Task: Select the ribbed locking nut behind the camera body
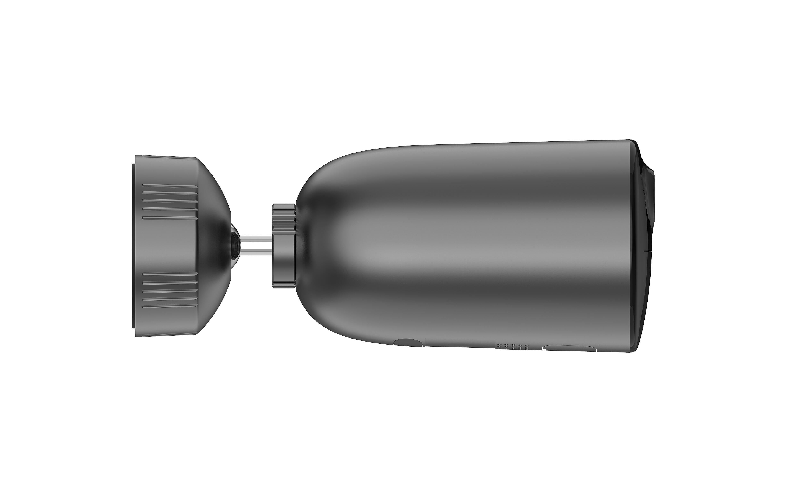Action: click(284, 246)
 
